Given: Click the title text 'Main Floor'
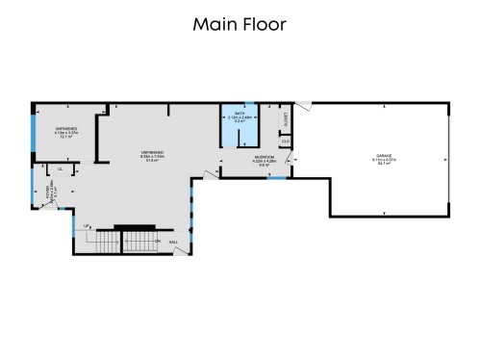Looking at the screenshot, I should (240, 24).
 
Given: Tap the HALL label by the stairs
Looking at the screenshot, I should (174, 243).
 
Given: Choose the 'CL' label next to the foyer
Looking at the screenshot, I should (60, 169).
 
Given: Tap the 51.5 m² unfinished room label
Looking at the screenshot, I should (152, 158).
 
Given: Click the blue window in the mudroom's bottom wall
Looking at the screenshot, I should (276, 178).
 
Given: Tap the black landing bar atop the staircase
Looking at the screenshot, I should (135, 228).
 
